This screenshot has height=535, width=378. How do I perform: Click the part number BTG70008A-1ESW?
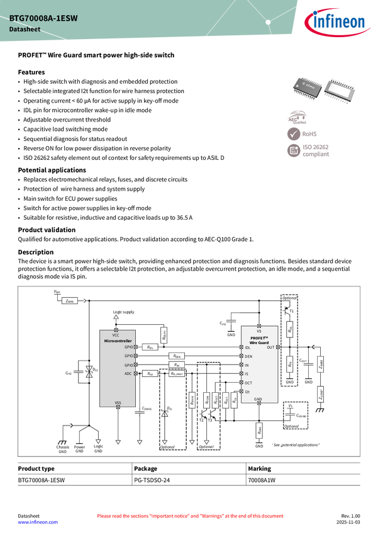click(x=43, y=19)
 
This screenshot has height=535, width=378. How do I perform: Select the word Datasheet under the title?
click(x=22, y=30)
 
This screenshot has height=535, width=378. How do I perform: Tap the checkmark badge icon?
click(x=294, y=134)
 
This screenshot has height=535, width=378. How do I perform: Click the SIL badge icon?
click(x=294, y=150)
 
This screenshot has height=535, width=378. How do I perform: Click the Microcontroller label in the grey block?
click(x=118, y=341)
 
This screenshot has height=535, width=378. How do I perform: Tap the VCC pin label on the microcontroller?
click(x=116, y=335)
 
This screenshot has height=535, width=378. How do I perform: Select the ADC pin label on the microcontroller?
click(x=128, y=374)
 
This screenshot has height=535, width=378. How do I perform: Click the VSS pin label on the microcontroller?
click(x=118, y=402)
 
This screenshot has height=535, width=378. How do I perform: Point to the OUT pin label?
click(x=270, y=347)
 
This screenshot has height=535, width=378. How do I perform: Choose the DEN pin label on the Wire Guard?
click(x=248, y=356)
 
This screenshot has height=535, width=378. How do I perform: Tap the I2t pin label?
click(x=247, y=391)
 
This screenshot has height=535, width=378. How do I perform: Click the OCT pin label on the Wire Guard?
click(x=248, y=383)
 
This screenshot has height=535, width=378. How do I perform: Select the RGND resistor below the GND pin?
click(x=259, y=431)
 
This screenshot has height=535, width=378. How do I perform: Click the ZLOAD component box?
click(x=321, y=395)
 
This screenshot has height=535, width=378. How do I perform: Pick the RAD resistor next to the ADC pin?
click(x=149, y=374)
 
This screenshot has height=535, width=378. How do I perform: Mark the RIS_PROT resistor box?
click(x=177, y=374)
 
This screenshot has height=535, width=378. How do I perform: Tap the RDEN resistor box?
click(x=177, y=356)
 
